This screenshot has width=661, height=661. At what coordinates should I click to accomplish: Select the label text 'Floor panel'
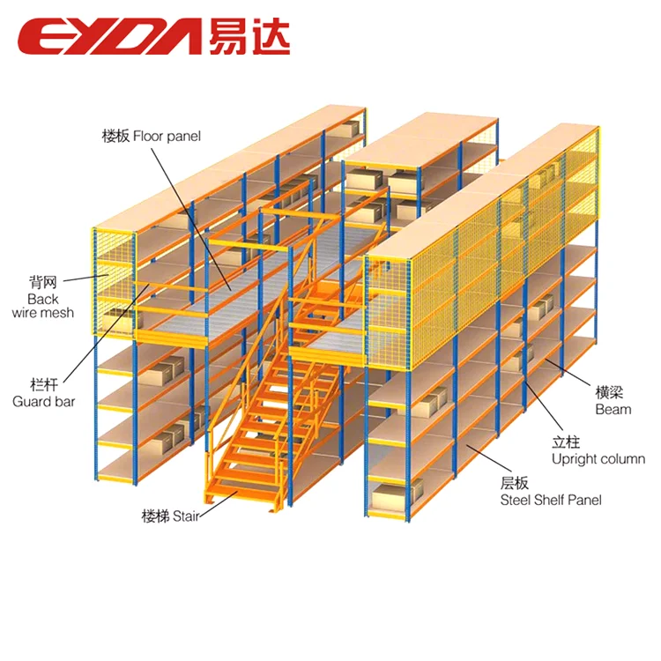[x=167, y=137]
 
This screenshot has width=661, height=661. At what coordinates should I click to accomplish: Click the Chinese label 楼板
[x=116, y=137]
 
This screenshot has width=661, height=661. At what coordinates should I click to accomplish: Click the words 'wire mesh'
[x=43, y=313]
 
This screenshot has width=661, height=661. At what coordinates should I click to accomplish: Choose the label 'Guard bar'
[x=44, y=402]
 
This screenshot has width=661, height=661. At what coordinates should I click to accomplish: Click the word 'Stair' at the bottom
[x=185, y=516]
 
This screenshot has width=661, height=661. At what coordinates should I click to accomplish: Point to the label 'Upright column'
[x=598, y=458]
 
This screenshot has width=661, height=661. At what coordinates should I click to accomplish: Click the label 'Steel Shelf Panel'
[x=551, y=500]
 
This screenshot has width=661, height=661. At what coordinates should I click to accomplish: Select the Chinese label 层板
[x=514, y=484]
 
